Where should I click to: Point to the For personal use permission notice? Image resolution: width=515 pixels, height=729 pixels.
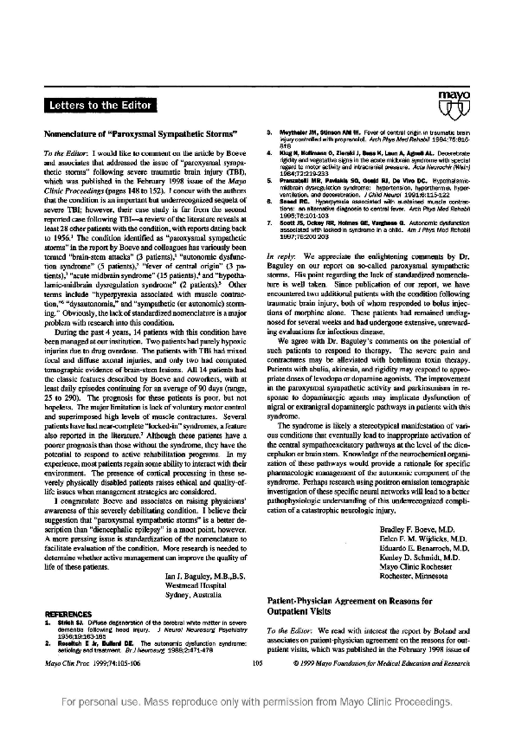[x=257, y=704]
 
